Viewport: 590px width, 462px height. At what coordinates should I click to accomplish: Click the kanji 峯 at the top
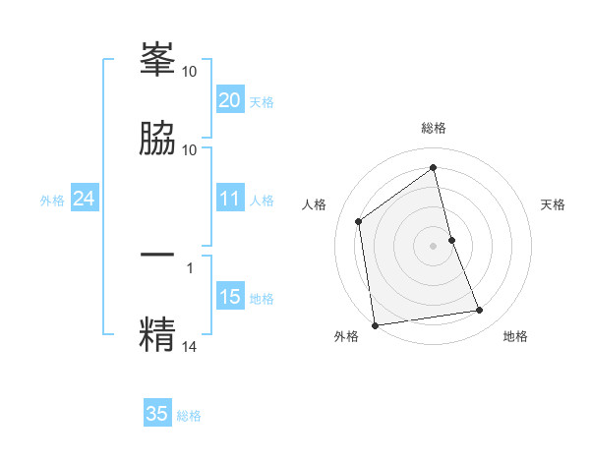(157, 60)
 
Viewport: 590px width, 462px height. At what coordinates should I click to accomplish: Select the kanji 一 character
(157, 255)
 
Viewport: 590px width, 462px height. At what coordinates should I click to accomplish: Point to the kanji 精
(157, 333)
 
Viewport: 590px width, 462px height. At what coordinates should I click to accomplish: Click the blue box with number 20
(229, 100)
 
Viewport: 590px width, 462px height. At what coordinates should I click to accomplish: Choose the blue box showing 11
(229, 199)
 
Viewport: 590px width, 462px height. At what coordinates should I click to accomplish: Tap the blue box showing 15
(229, 297)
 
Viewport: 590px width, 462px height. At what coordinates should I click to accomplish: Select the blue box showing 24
(84, 199)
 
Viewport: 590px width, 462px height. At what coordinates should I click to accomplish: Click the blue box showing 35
(157, 414)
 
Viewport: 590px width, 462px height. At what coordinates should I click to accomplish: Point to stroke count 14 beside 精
(190, 345)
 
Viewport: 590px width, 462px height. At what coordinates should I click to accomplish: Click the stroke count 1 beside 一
(190, 266)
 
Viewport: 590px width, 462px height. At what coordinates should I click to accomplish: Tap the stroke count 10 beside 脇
(190, 149)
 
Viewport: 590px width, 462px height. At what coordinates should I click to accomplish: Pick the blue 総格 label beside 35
(189, 416)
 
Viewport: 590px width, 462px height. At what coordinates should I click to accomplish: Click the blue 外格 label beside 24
(52, 201)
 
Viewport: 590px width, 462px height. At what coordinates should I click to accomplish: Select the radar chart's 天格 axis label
(554, 204)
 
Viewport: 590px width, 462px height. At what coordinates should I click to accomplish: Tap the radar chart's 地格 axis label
(515, 336)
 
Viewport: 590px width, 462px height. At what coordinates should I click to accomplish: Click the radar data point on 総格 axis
(434, 167)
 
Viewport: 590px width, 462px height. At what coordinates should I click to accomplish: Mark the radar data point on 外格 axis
(375, 324)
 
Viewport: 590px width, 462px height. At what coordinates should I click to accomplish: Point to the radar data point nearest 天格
(451, 239)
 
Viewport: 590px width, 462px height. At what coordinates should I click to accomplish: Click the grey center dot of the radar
(434, 245)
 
